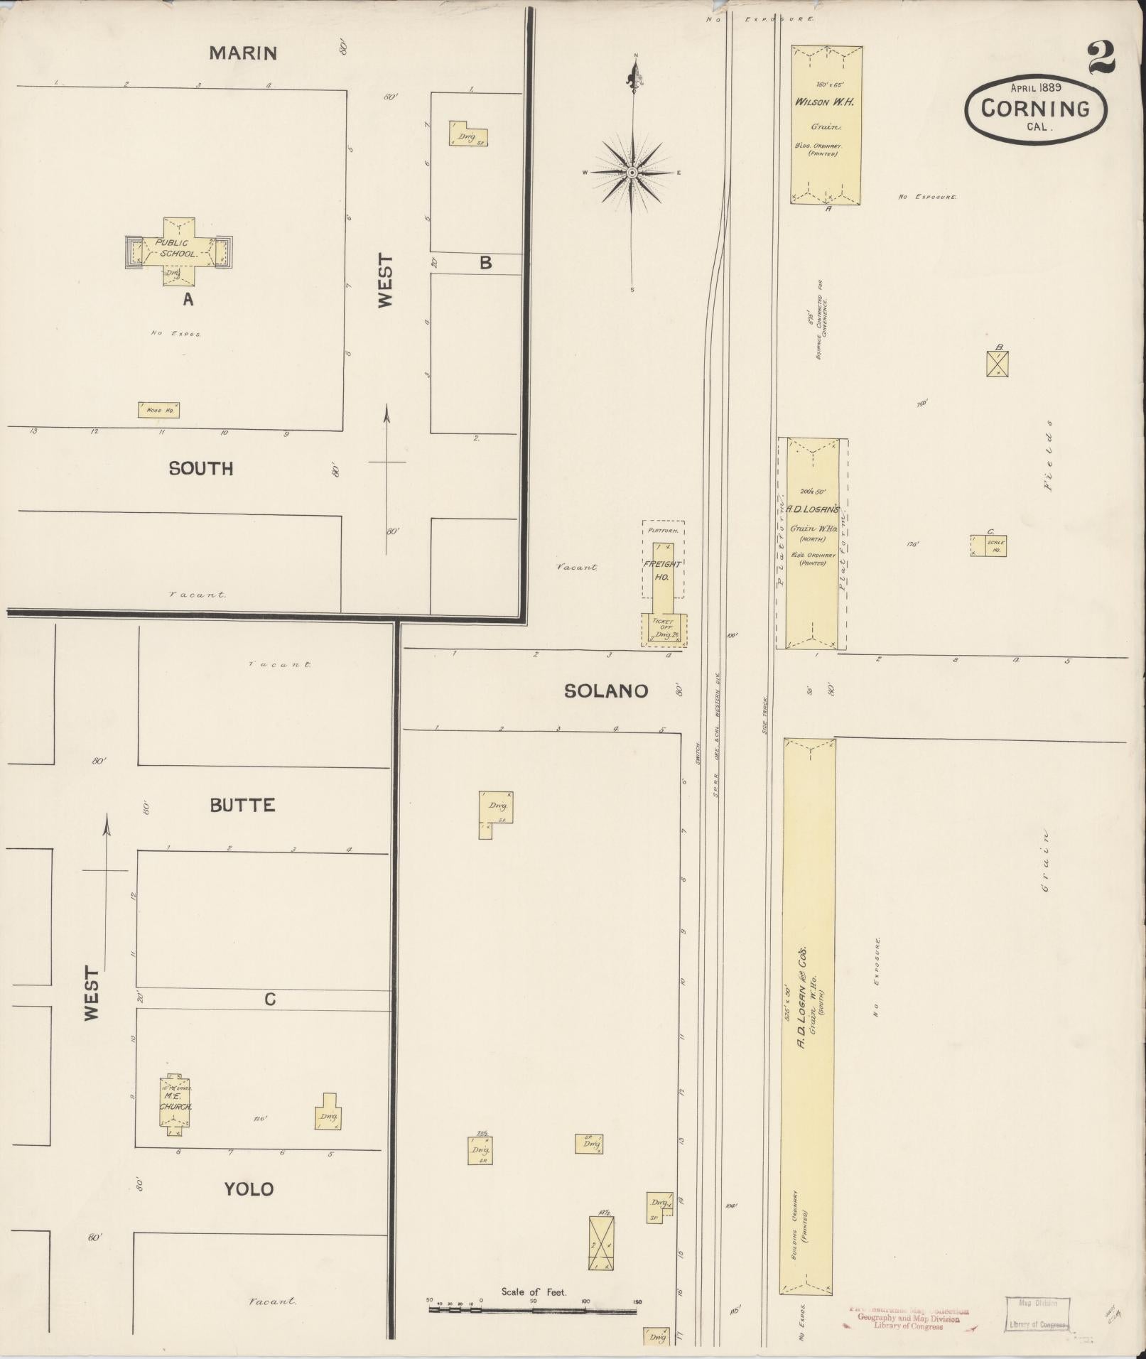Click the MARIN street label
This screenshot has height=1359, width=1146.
click(x=243, y=53)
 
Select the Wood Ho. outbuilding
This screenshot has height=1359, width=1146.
click(x=158, y=410)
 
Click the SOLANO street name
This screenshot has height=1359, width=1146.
click(x=606, y=691)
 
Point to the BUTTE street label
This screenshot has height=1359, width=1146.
click(x=242, y=805)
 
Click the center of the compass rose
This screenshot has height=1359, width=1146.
click(x=632, y=173)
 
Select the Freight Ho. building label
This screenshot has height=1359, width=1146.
click(x=662, y=570)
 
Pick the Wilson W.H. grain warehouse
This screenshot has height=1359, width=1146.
click(x=827, y=125)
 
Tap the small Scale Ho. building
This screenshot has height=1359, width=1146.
click(x=988, y=546)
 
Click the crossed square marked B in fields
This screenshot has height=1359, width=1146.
click(x=997, y=364)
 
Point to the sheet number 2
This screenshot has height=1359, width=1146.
click(x=1101, y=58)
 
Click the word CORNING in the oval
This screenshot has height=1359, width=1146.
click(x=1036, y=109)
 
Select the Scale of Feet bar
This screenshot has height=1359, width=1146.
click(x=533, y=1308)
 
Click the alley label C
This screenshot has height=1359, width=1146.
click(x=270, y=1000)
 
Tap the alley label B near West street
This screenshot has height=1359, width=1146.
click(x=485, y=263)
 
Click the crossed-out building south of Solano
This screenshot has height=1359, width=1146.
click(x=601, y=1243)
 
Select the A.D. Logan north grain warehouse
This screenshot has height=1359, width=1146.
click(x=812, y=543)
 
